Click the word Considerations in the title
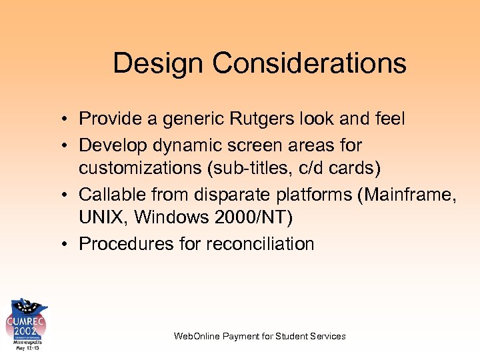309,64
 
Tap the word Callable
112,194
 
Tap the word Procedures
127,244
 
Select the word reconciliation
260,244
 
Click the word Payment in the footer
243,336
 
